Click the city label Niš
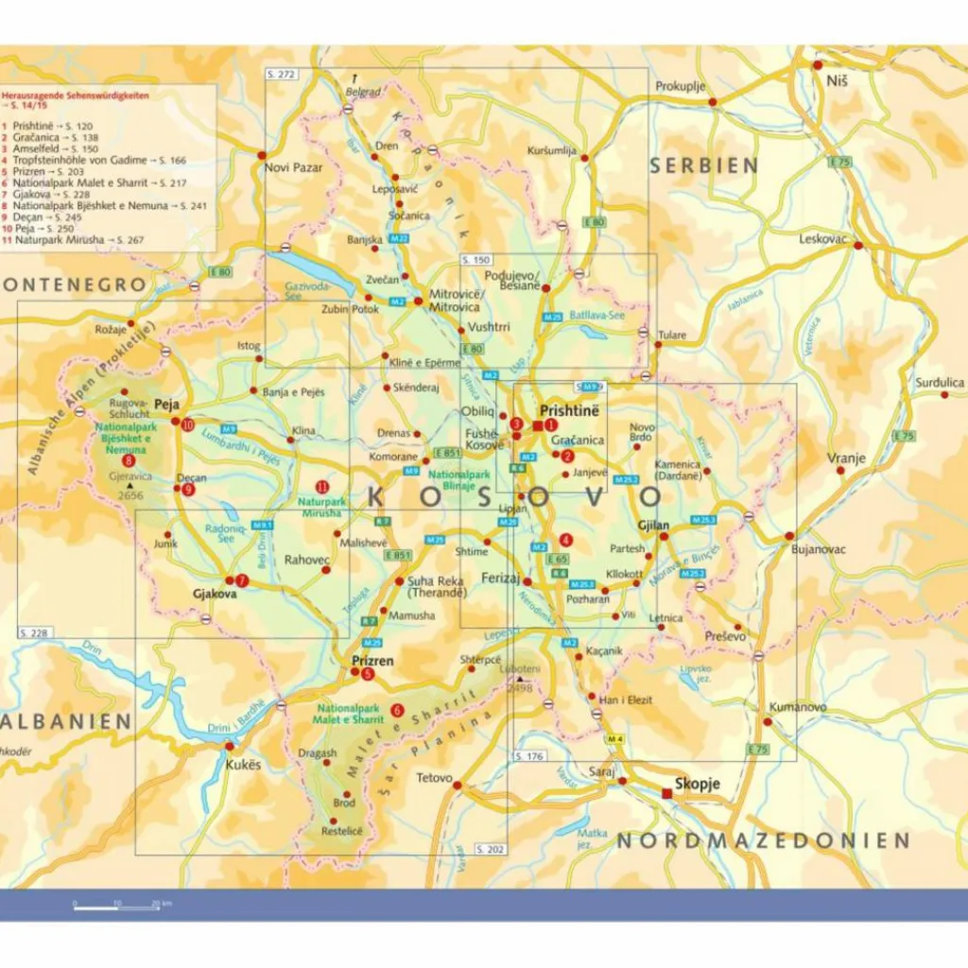[x=838, y=80]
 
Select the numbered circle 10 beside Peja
[x=188, y=425]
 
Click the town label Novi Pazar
[x=294, y=167]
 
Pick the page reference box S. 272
[x=282, y=74]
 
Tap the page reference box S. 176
[x=530, y=755]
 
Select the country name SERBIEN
[x=703, y=165]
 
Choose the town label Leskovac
[x=822, y=239]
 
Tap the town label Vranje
[x=846, y=458]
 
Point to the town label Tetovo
[x=435, y=779]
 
